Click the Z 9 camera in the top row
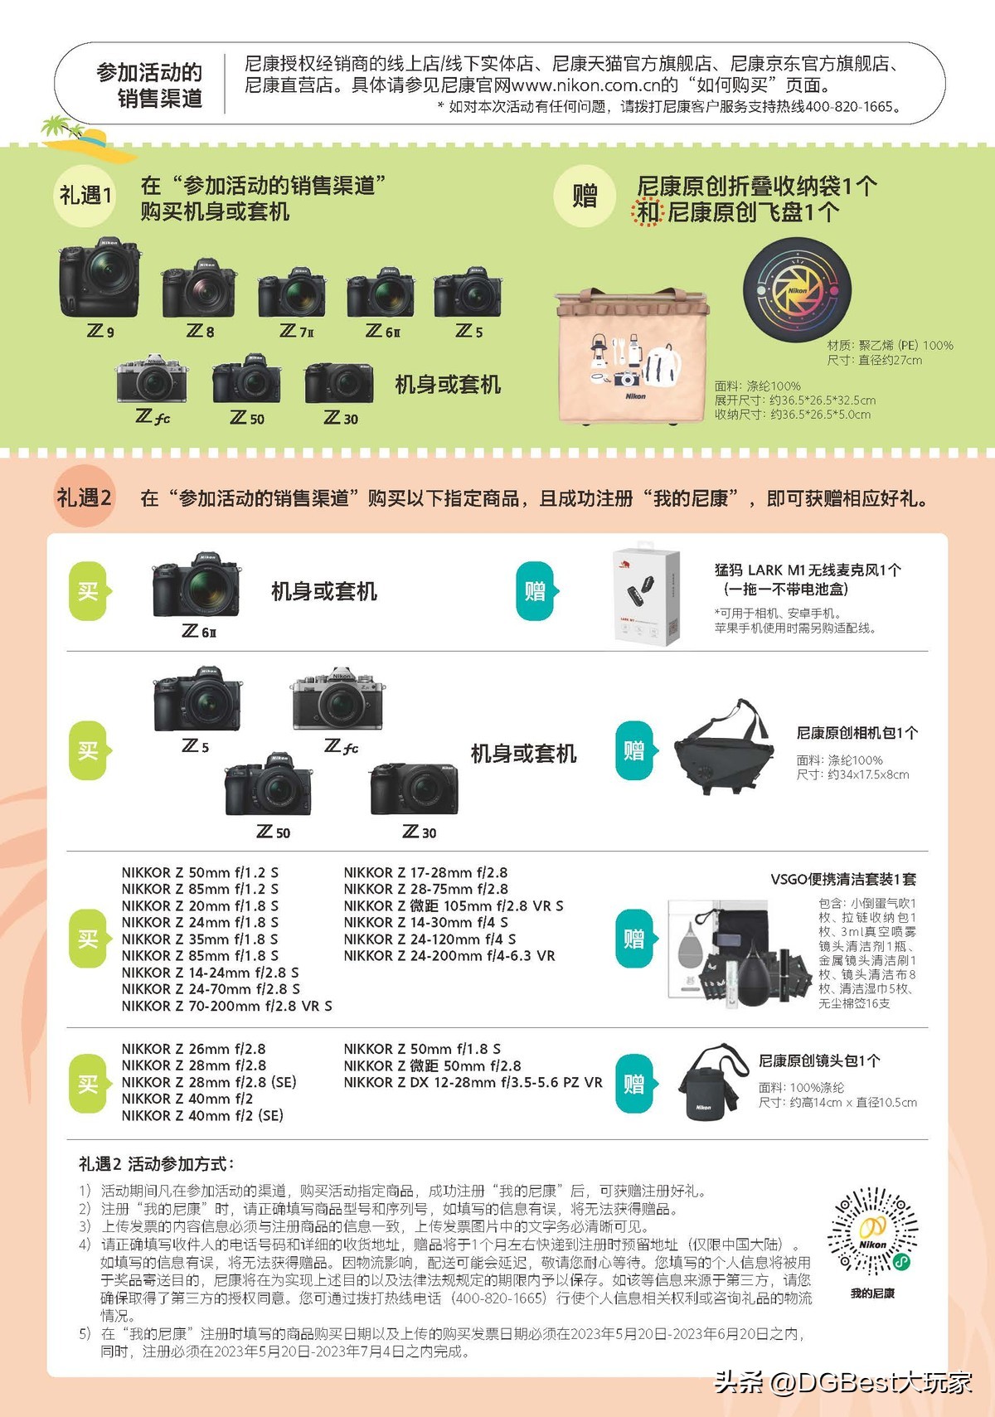coord(99,279)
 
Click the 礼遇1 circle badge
coord(85,196)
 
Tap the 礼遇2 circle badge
coord(84,497)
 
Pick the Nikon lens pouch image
coord(706,1082)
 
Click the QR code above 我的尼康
coord(872,1231)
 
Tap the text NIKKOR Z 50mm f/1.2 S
coord(200,872)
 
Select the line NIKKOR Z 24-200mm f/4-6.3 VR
coord(449,955)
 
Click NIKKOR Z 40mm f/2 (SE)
coord(202,1115)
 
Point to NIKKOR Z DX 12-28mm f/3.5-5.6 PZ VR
coord(473,1082)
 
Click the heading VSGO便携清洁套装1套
coord(842,879)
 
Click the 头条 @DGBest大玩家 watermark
coord(842,1382)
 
